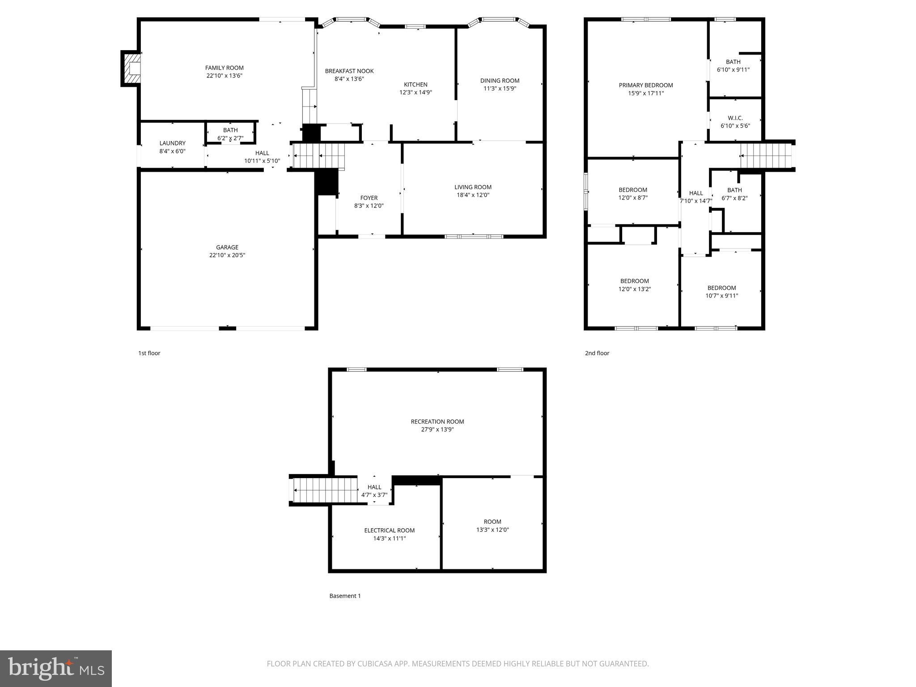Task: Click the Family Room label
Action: (x=224, y=68)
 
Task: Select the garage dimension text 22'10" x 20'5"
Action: (x=227, y=255)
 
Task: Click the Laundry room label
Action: (x=172, y=143)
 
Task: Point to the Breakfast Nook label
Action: (x=349, y=71)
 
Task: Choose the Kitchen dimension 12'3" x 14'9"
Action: (x=416, y=93)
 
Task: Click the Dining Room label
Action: (x=500, y=81)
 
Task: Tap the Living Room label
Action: (x=473, y=187)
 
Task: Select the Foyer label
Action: (x=369, y=198)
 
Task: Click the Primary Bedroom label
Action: (x=645, y=85)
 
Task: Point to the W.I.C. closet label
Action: (x=735, y=118)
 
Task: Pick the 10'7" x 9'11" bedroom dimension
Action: (x=721, y=296)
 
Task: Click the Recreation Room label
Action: (x=437, y=422)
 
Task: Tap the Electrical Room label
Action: (x=389, y=530)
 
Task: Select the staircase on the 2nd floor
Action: (x=767, y=156)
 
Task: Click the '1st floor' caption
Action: (x=149, y=353)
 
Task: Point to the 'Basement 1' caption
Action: (x=345, y=596)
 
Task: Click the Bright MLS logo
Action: (x=56, y=668)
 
